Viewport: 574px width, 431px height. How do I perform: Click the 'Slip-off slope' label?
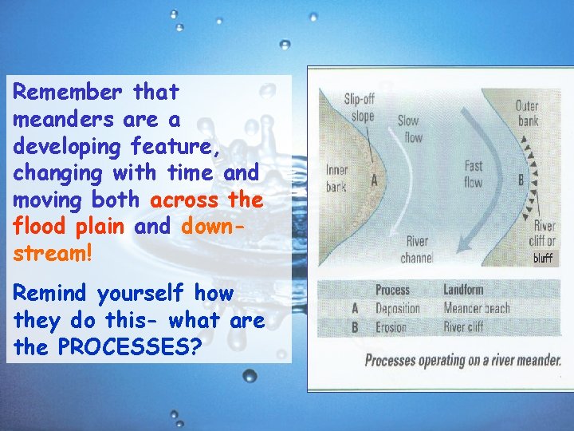coord(359,107)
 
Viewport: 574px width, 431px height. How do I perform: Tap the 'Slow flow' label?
coord(409,129)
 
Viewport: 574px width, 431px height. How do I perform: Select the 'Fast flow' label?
coord(474,174)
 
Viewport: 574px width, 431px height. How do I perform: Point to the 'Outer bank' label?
coord(527,113)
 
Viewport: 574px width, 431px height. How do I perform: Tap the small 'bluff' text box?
coord(543,258)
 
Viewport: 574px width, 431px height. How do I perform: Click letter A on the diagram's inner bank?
coord(373,180)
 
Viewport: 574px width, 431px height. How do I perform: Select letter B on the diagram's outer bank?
coord(521,180)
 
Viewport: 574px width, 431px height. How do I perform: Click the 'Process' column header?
coord(392,290)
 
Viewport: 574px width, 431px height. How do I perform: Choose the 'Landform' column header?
coord(464,290)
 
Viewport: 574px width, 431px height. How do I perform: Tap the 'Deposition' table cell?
coord(397,308)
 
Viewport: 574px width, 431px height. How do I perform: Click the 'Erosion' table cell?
coord(391,326)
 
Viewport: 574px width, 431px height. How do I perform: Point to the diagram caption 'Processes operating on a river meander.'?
coord(462,361)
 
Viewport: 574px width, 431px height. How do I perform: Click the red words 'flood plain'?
coord(69,226)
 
